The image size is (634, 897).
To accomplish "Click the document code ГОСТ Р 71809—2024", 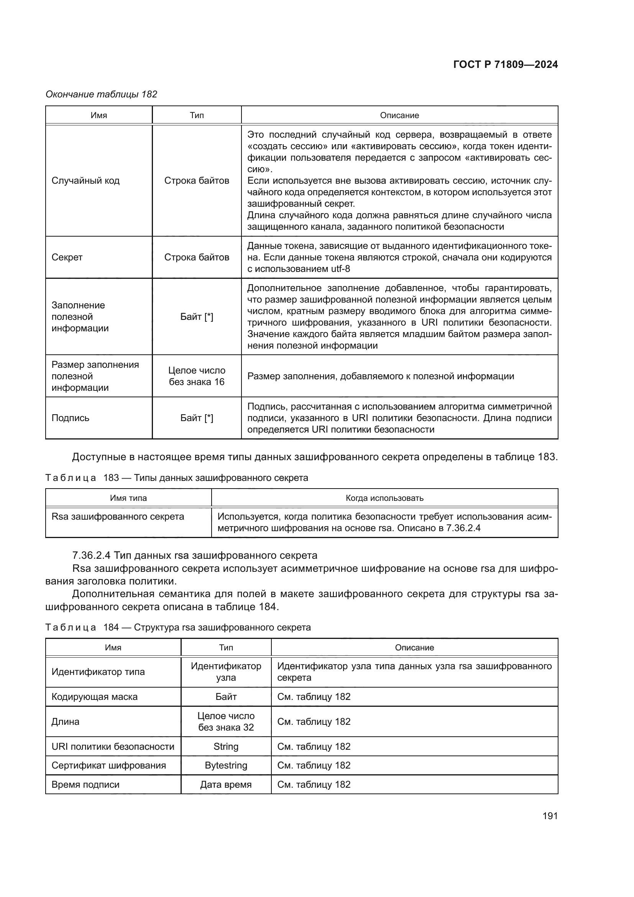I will (x=505, y=64).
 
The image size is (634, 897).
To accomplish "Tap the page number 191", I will (x=550, y=816).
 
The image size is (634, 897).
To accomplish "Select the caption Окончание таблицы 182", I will (x=101, y=94).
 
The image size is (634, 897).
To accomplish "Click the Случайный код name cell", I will (x=85, y=181).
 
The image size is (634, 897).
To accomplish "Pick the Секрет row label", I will (x=67, y=257).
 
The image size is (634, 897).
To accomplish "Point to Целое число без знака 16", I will (x=196, y=376).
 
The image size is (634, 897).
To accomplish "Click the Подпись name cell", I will (x=70, y=418).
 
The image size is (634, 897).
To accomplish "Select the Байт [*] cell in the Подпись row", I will (x=196, y=418).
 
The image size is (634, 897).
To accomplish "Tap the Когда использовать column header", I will (x=384, y=498).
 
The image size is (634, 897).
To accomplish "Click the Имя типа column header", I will (x=128, y=498).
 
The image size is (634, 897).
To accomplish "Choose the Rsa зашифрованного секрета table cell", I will (x=118, y=517).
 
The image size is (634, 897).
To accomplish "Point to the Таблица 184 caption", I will (x=177, y=627).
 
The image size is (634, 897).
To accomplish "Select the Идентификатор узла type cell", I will (x=226, y=672).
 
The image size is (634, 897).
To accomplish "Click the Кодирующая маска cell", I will (x=94, y=696).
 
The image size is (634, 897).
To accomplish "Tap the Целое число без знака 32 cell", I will (x=226, y=722).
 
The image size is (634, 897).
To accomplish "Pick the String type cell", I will (x=226, y=747).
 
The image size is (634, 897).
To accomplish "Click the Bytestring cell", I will (x=226, y=765).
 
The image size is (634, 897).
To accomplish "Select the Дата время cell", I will (x=226, y=785).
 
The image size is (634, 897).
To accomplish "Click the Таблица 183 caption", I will (x=176, y=478).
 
